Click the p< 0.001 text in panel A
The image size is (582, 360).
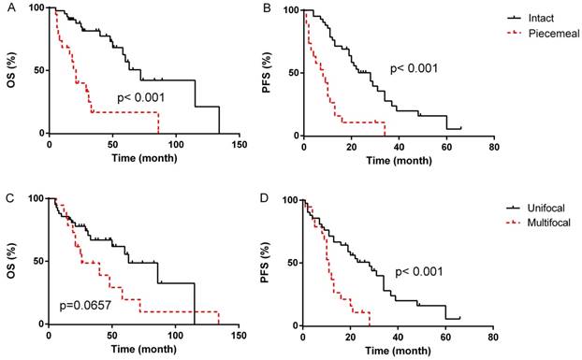[x=141, y=97]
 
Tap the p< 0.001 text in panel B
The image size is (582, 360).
[x=415, y=67]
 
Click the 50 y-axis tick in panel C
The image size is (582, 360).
[x=34, y=261]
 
